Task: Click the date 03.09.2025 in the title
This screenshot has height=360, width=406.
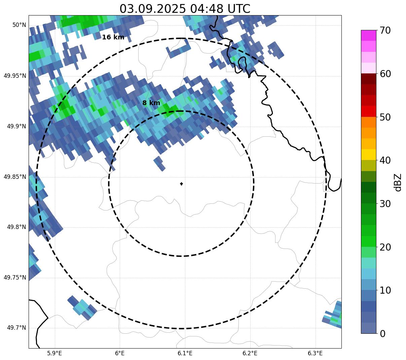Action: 152,9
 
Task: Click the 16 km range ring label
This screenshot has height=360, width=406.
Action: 113,37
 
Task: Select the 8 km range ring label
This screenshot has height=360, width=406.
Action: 151,103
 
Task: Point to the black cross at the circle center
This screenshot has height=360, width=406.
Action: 182,184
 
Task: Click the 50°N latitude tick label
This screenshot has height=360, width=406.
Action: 19,25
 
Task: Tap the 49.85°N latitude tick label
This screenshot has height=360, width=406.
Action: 15,176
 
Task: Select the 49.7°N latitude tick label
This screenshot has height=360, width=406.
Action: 16,328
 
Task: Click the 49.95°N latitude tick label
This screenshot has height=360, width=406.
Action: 15,75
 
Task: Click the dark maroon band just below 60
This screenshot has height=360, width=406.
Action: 368,79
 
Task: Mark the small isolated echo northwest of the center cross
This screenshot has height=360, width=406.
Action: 159,163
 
